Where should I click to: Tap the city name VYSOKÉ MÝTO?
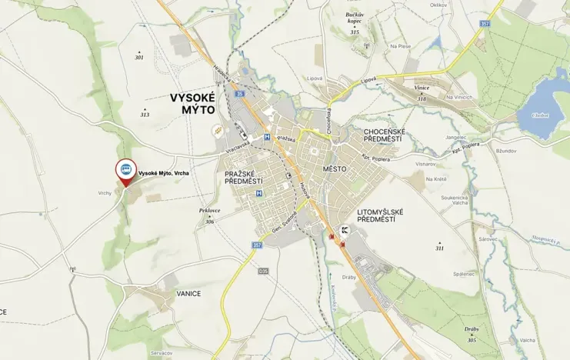point(194,105)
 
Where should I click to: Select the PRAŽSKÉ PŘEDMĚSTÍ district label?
point(243,177)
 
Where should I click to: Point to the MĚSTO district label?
point(335,168)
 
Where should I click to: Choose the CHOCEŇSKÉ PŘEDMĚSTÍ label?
point(395,136)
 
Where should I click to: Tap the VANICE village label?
point(188,294)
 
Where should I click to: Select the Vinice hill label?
point(422,88)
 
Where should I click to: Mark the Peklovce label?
point(209,210)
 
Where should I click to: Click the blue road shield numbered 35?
point(240,94)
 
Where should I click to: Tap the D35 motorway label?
point(263,271)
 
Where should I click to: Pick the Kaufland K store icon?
point(345,230)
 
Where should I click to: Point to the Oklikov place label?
point(438,5)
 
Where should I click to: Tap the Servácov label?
point(161,353)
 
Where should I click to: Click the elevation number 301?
point(139,58)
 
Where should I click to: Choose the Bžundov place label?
point(506,151)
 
